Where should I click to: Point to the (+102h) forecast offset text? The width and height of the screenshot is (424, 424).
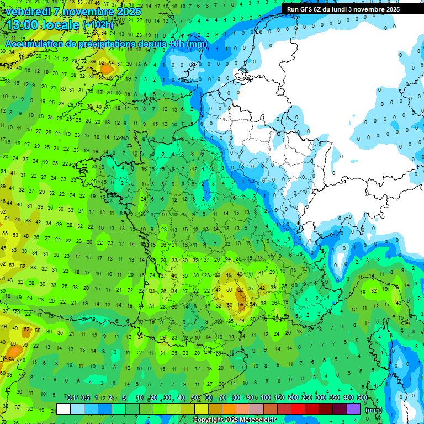point(98,25)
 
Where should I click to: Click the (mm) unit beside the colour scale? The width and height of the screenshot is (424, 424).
point(374,410)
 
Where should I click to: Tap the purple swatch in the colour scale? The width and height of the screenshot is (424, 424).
point(353,409)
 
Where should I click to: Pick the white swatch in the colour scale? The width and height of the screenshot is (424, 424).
point(63,409)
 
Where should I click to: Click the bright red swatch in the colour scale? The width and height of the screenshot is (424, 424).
point(298,409)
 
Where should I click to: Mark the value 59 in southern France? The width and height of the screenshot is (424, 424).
point(241,304)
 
